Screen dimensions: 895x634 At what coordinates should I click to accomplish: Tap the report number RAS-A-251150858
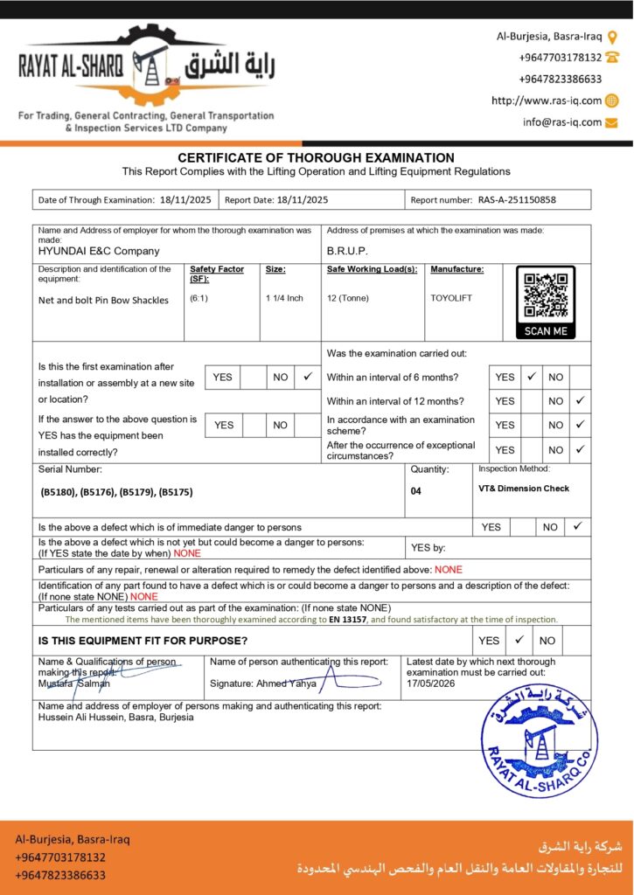click(x=516, y=199)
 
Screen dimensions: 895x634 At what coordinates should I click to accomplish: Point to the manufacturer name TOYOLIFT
click(x=451, y=298)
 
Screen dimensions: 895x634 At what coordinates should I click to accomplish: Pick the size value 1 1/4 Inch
click(x=284, y=298)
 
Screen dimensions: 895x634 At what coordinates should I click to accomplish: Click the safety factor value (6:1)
click(x=199, y=298)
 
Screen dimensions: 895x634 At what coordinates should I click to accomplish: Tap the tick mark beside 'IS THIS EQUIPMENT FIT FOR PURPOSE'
click(x=518, y=640)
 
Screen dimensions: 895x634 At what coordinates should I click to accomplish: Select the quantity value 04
click(x=415, y=491)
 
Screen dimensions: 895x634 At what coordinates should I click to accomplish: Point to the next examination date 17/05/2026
click(x=432, y=683)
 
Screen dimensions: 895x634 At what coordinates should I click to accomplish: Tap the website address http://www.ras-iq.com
click(x=547, y=101)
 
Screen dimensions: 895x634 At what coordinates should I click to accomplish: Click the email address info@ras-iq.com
click(x=562, y=122)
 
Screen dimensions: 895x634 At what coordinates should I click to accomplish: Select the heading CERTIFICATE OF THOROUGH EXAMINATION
click(x=316, y=157)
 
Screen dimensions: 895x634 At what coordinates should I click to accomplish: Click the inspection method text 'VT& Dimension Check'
click(x=524, y=489)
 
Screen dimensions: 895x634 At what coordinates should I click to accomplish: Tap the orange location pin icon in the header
click(x=612, y=36)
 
